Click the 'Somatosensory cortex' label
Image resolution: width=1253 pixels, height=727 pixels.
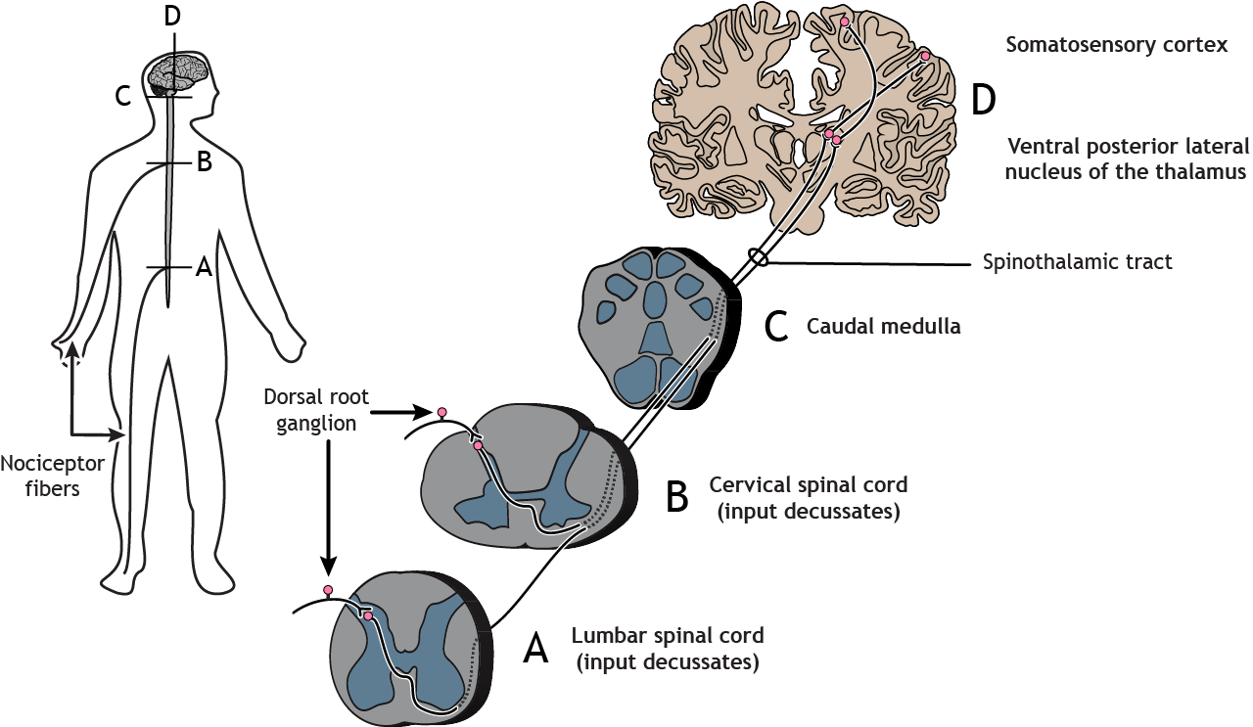coord(1116,46)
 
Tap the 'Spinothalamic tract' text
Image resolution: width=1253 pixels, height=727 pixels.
coord(1077,262)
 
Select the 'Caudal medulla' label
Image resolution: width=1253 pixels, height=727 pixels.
coord(883,327)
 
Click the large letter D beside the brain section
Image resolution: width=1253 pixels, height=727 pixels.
coord(984,100)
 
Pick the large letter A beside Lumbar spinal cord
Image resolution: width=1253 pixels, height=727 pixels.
coord(536,648)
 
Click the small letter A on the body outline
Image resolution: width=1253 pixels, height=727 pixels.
coord(203,266)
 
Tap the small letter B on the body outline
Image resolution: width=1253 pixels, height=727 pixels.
coord(204,162)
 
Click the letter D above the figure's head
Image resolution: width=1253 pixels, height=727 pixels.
coord(173,16)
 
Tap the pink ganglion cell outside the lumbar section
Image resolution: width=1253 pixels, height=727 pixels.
coord(328,590)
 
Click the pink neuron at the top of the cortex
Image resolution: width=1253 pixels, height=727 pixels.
coord(844,21)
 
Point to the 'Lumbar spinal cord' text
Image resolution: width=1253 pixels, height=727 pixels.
coord(670,636)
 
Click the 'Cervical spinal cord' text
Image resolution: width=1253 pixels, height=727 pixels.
coord(808,485)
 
